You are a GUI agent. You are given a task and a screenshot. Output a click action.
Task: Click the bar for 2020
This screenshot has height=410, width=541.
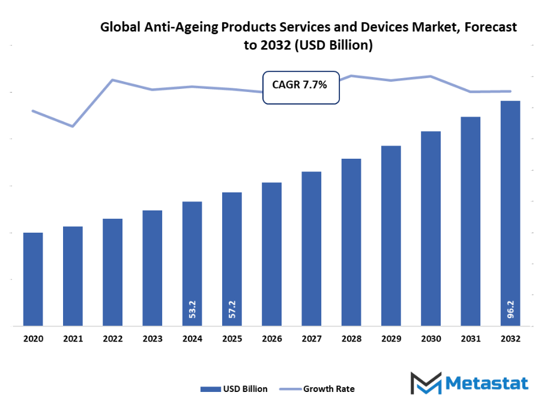(x=33, y=279)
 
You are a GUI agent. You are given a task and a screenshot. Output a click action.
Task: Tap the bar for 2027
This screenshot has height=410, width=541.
(x=311, y=249)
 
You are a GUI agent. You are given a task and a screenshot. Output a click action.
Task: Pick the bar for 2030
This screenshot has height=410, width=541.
(x=431, y=228)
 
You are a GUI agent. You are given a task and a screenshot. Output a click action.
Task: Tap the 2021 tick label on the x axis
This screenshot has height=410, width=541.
(x=73, y=339)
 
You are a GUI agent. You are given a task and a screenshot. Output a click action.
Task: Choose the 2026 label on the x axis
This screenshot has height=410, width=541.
(x=271, y=339)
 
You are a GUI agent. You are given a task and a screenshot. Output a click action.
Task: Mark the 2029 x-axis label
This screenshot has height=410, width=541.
(x=391, y=339)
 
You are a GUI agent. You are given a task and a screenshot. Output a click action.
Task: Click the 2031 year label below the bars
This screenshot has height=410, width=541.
(x=470, y=339)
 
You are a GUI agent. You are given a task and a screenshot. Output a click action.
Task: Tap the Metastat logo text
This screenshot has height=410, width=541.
(x=486, y=383)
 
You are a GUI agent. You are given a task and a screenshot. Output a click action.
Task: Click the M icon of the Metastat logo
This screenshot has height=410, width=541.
(x=425, y=384)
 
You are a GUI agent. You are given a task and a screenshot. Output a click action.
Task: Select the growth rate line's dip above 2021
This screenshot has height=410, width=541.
(x=73, y=126)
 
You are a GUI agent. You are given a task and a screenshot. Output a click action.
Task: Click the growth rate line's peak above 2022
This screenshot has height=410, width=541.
(x=113, y=80)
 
